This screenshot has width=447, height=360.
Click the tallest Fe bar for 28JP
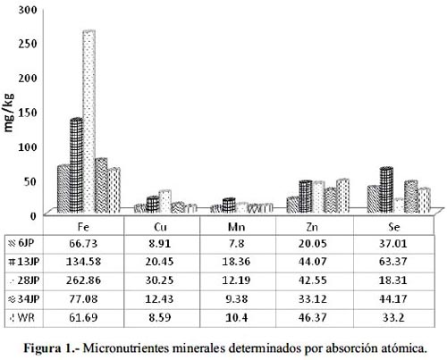pos(89,121)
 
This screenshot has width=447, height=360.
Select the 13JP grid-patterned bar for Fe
pos(76,165)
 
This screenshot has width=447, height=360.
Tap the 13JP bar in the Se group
pos(386,189)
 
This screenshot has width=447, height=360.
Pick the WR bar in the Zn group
pos(342,196)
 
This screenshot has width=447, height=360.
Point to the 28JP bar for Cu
pos(164,201)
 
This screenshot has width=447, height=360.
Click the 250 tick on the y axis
pos(28,44)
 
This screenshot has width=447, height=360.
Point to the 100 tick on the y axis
pos(28,147)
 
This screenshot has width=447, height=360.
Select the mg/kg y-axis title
pos(9,113)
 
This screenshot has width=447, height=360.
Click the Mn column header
pos(236,227)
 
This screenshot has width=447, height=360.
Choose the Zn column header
pos(312,227)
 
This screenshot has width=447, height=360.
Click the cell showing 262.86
pos(83,280)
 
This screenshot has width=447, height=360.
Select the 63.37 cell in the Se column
pos(393,262)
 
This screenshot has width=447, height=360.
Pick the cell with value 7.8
pos(237,244)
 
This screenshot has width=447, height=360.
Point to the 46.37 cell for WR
pos(313,317)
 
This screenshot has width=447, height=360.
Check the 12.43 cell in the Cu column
pos(159,298)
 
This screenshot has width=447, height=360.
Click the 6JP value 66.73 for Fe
pos(83,244)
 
